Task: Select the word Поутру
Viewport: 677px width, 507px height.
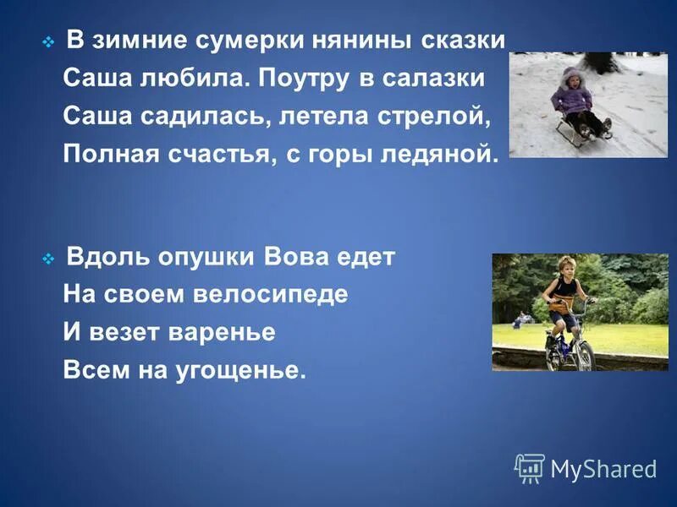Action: (x=297, y=79)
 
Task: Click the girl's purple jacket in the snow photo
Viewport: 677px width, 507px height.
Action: (x=570, y=100)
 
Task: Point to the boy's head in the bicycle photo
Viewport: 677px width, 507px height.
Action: (x=567, y=265)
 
